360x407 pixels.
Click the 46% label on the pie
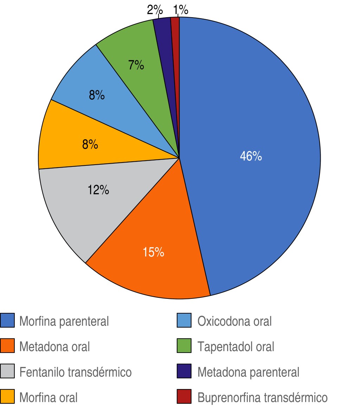[251, 156]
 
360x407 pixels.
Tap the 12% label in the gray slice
[98, 190]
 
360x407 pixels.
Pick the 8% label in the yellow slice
[90, 144]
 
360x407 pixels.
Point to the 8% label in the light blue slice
[97, 95]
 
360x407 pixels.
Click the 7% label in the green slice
[136, 65]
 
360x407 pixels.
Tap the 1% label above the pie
[181, 10]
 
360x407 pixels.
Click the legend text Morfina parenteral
[64, 321]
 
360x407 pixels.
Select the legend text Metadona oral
[54, 347]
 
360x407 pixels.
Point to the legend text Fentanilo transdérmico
[75, 372]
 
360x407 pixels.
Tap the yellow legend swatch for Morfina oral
[7, 397]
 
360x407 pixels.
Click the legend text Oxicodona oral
[234, 321]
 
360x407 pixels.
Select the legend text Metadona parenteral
[248, 372]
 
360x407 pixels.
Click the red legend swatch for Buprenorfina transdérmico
[184, 397]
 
